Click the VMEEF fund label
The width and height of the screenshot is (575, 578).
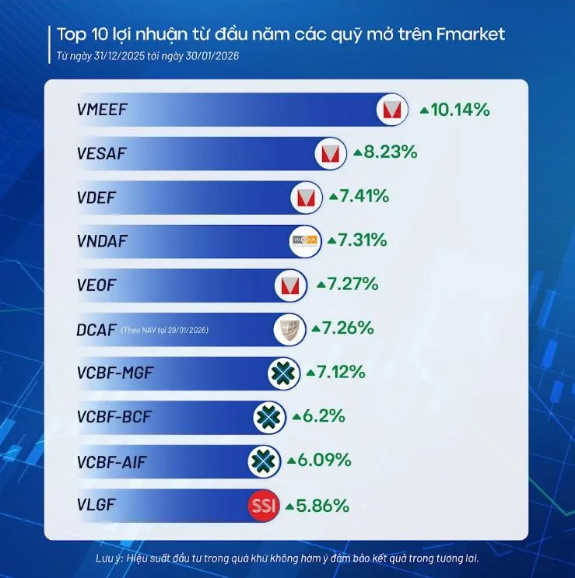click(x=102, y=109)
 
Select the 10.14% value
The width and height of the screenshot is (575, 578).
click(x=460, y=110)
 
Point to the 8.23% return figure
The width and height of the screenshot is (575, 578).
click(x=394, y=153)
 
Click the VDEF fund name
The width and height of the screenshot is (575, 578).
click(x=96, y=197)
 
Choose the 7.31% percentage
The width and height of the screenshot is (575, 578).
click(x=363, y=240)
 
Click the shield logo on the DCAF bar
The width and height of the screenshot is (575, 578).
click(x=287, y=330)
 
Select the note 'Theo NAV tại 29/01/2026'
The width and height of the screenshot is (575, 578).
click(x=165, y=331)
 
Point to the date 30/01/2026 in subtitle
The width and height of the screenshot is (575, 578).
click(x=217, y=56)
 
